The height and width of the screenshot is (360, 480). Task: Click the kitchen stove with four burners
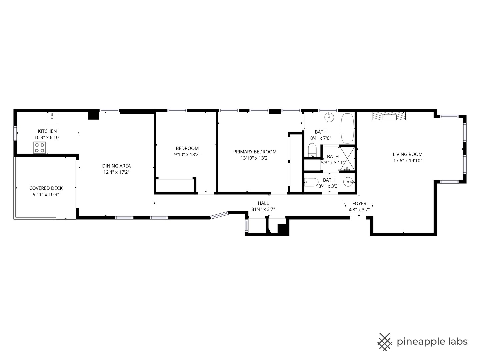pos(39,148)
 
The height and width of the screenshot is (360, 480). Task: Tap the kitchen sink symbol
pos(52,118)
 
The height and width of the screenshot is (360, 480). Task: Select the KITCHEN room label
pos(47,131)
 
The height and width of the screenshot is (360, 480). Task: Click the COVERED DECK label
pos(46,188)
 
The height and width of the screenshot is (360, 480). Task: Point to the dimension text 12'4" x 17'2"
pos(116,172)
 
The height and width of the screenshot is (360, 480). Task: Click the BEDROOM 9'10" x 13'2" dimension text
pos(187,155)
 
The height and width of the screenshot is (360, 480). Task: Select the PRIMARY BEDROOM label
pos(255,152)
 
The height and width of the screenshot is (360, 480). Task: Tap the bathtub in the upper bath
pos(348,128)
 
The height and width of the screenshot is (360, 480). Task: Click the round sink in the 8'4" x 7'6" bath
pos(329,117)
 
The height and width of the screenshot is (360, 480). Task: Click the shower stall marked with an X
pos(347,159)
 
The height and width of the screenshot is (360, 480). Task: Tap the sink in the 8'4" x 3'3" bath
pos(349,182)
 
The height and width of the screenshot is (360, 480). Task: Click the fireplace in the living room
pos(389,116)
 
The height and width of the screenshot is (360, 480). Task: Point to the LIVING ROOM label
pos(407,154)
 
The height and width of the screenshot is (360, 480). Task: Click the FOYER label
pos(359,203)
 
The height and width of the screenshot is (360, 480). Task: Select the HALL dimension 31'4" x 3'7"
pos(263,210)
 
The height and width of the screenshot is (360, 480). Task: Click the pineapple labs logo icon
pos(384,342)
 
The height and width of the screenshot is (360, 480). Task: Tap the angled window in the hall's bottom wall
pos(219,215)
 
